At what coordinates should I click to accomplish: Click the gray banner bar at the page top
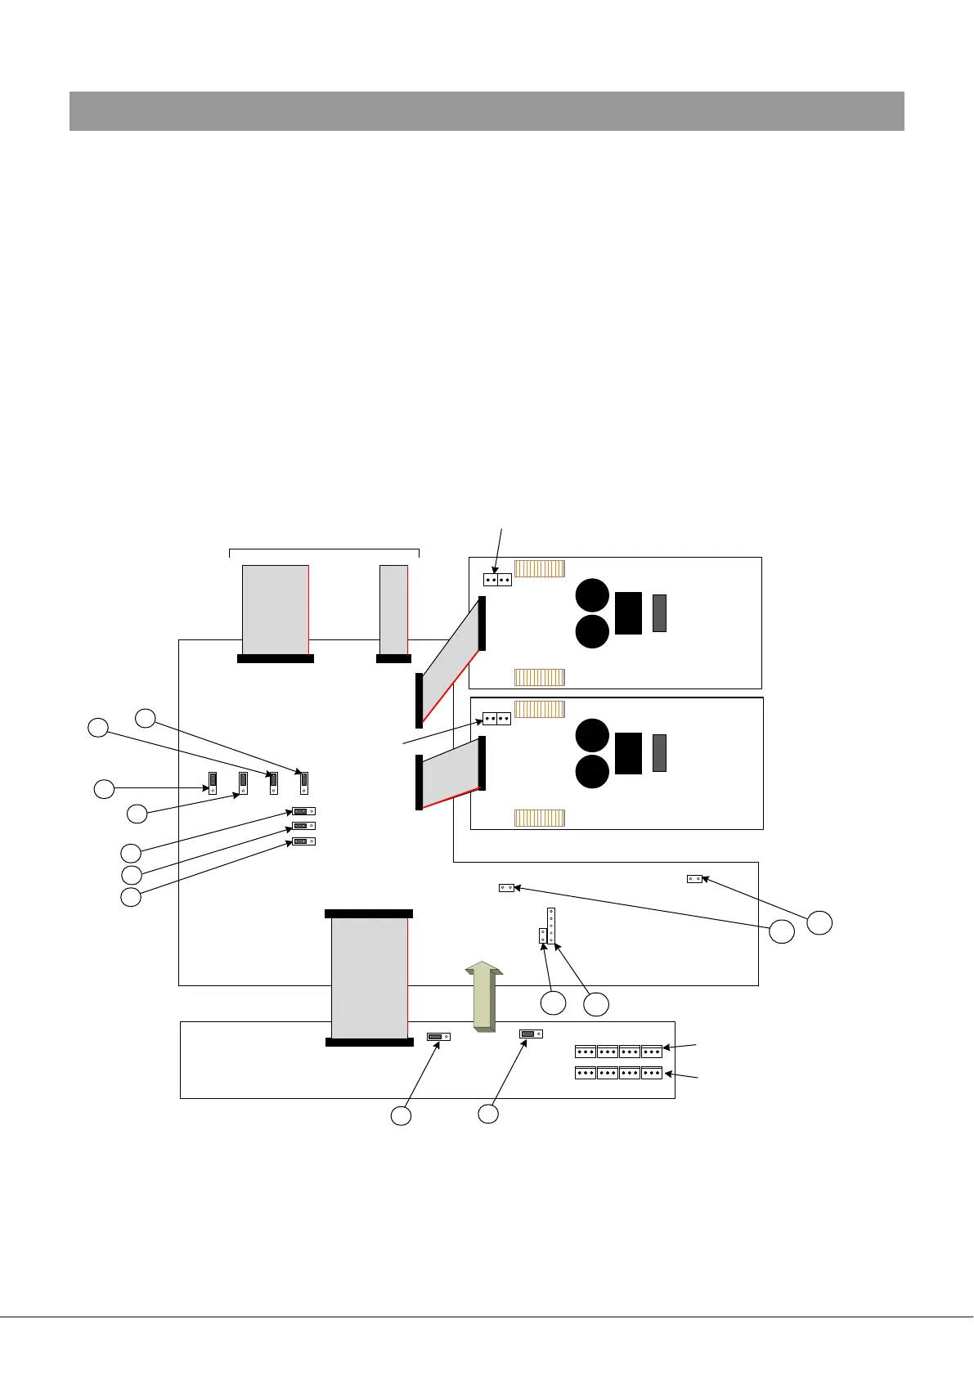[x=487, y=111]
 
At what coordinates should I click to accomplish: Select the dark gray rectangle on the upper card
[x=659, y=613]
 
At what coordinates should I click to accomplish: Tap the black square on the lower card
[x=628, y=753]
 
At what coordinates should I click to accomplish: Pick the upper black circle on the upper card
[x=592, y=594]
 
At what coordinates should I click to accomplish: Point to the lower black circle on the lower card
[x=592, y=772]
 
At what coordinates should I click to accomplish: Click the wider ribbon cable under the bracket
[x=276, y=608]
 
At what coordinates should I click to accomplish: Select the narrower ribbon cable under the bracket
[x=393, y=608]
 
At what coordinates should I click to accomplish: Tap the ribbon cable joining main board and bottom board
[x=369, y=977]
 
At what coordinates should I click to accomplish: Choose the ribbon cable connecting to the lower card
[x=451, y=773]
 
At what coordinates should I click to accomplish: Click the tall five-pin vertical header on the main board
[x=551, y=925]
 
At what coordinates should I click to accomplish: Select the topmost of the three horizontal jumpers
[x=303, y=811]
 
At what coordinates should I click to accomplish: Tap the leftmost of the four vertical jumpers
[x=213, y=783]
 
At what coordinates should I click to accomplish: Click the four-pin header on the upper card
[x=497, y=580]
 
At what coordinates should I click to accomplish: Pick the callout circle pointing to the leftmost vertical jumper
[x=104, y=789]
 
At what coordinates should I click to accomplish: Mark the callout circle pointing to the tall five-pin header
[x=596, y=1004]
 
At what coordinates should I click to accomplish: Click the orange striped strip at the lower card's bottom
[x=539, y=818]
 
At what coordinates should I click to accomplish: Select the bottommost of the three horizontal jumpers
[x=303, y=841]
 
